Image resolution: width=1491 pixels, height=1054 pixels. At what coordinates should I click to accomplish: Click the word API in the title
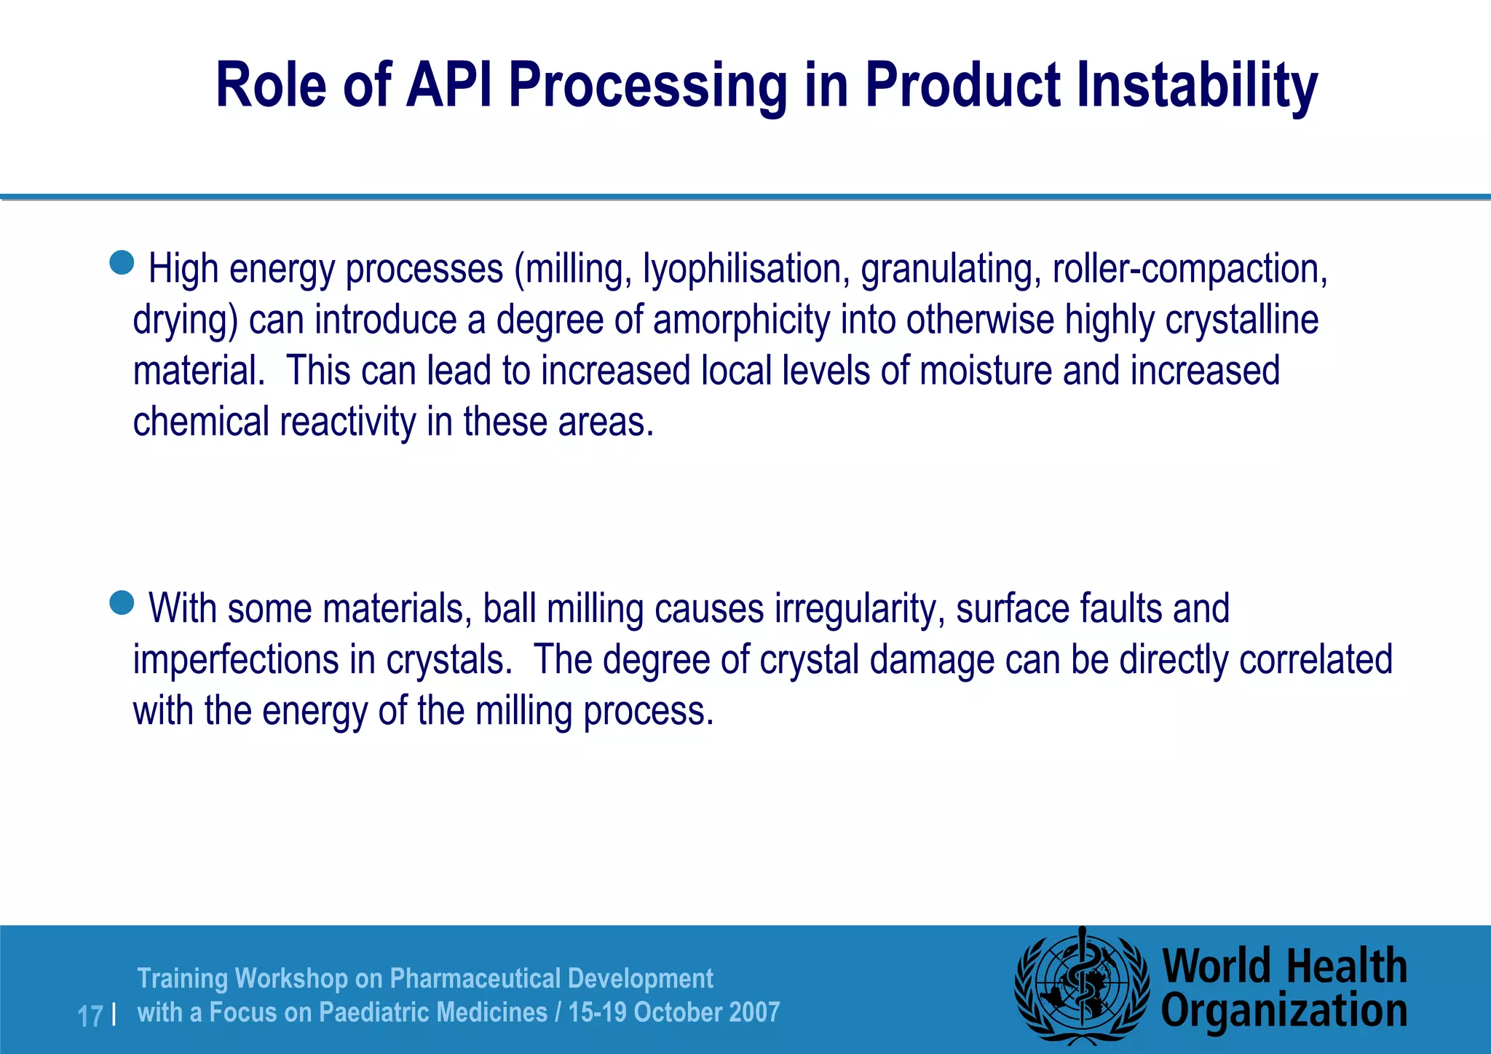tap(449, 85)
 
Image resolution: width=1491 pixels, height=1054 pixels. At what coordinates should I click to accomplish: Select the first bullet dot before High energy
tap(122, 262)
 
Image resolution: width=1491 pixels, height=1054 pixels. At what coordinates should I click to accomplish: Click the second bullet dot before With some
tap(122, 602)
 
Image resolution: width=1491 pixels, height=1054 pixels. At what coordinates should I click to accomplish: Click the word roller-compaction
tap(1190, 269)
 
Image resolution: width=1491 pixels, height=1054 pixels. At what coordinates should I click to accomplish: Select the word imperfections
tap(236, 660)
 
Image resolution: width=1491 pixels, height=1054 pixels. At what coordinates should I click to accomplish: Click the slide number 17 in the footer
tap(90, 1016)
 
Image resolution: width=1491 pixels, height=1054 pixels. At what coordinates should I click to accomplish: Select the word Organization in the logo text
tap(1284, 1012)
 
